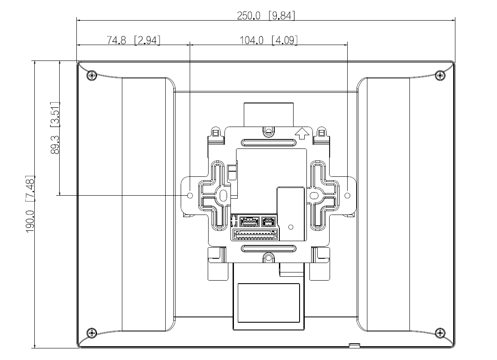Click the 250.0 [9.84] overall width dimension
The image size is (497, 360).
266,15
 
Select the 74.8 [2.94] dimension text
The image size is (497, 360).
133,40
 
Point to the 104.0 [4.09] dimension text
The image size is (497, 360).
269,40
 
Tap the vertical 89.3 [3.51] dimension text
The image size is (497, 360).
55,128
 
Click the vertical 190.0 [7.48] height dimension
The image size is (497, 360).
30,204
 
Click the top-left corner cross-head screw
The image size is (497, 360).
92,75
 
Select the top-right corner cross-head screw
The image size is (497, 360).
440,75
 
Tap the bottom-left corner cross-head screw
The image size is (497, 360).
92,333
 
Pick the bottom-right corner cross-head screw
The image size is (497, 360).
440,333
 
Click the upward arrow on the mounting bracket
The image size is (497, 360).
302,133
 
